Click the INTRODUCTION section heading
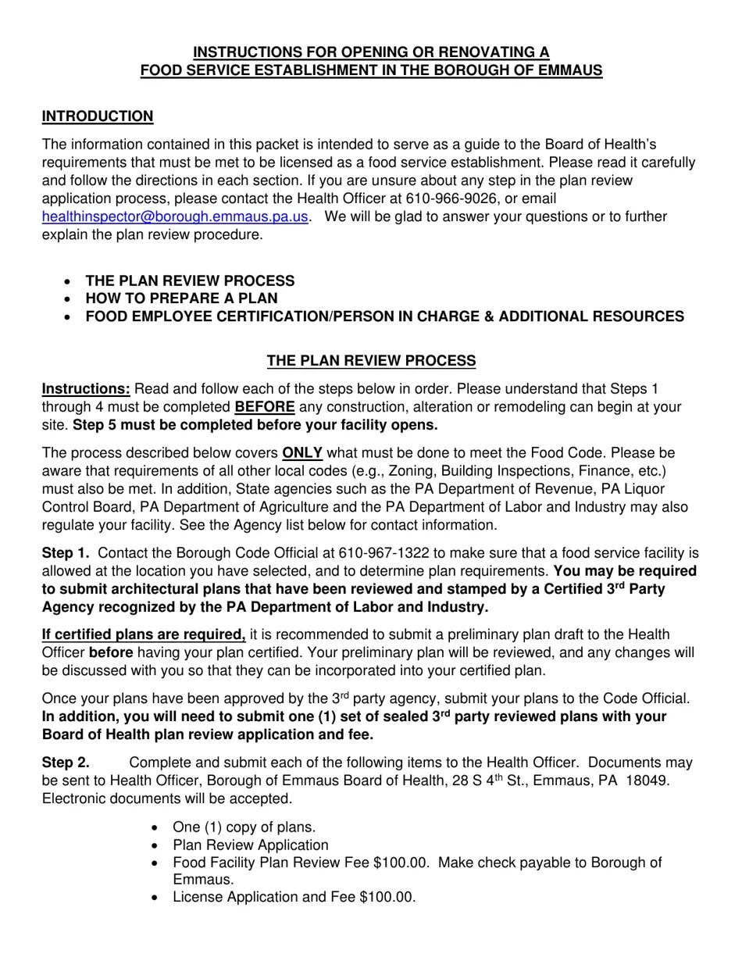pos(98,116)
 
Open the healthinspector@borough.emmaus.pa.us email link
pos(176,216)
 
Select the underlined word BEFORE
pos(265,407)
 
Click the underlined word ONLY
pos(302,453)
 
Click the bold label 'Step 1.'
pos(66,553)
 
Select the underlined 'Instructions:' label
pos(86,389)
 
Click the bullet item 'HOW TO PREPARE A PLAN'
pos(181,298)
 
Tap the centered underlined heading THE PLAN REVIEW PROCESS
pos(371,361)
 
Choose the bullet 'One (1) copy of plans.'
pos(244,827)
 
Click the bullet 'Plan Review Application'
pos(250,845)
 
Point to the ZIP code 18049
pos(650,781)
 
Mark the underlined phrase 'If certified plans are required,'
pos(144,634)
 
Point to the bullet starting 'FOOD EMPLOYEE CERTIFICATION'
pos(384,316)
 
